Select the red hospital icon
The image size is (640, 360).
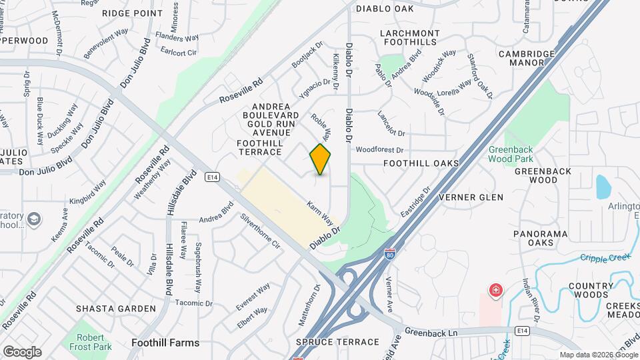point(495,290)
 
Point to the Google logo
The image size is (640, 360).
point(22,351)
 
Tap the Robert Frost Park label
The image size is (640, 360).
point(89,342)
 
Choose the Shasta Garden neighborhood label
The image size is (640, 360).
point(116,309)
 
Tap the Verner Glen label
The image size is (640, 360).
point(471,197)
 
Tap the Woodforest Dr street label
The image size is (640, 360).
point(380,151)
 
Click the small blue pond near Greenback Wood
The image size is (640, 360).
point(603,187)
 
